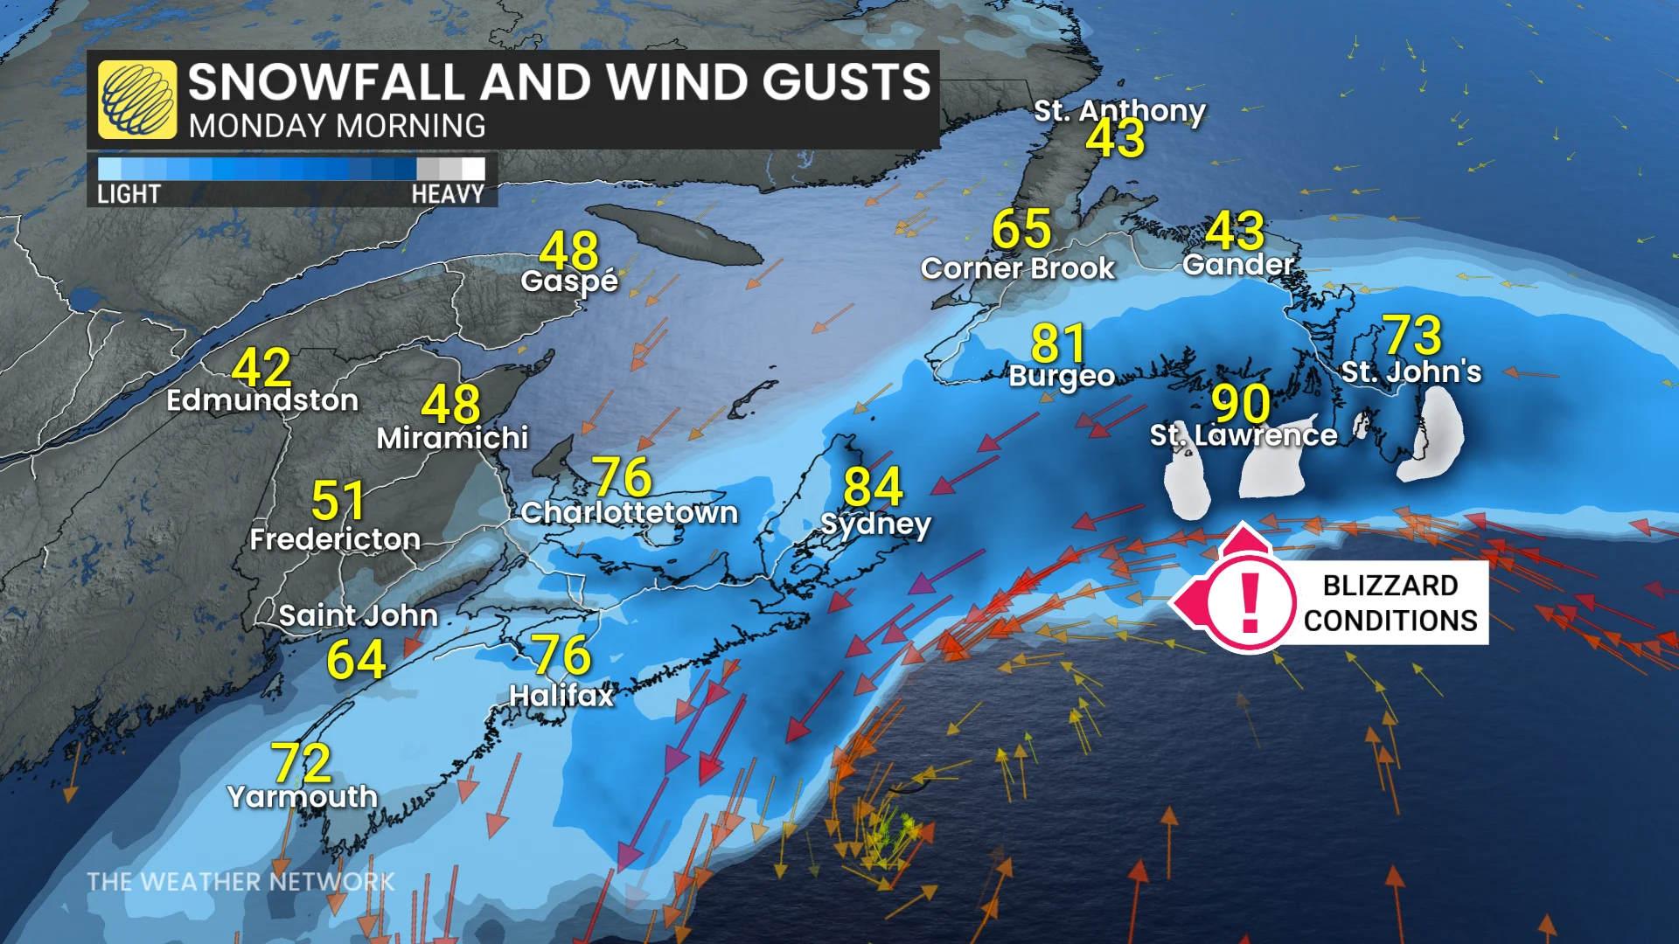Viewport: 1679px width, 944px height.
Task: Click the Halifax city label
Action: coord(561,696)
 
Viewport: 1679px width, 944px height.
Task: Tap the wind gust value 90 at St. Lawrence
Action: coord(1241,404)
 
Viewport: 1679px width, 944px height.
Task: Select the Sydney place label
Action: coord(875,524)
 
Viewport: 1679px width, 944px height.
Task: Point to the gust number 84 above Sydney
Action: coord(873,487)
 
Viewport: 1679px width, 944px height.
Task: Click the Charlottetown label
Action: coord(629,512)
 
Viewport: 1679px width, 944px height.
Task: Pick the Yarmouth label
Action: coord(302,796)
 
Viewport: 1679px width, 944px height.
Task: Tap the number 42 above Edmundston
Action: coord(261,368)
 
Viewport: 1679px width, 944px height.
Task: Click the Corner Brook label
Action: coord(1018,268)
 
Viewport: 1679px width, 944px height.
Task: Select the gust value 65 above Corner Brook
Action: coord(1021,230)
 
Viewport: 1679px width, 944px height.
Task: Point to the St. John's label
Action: coord(1411,372)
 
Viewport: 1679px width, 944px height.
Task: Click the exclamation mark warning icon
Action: coord(1250,602)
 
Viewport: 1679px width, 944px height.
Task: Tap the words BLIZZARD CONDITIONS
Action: coord(1390,603)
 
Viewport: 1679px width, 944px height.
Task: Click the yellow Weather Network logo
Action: coord(137,100)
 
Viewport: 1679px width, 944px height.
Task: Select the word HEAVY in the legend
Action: coord(448,194)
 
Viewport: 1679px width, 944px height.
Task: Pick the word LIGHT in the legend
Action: coord(129,194)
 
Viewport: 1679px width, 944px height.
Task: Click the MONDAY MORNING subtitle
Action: coord(337,127)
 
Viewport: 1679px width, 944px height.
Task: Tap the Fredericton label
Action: coord(335,539)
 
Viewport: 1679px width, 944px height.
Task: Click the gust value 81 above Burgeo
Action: coord(1058,344)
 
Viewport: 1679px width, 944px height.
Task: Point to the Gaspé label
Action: coord(569,281)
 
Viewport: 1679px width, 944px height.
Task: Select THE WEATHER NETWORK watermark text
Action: coord(240,882)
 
